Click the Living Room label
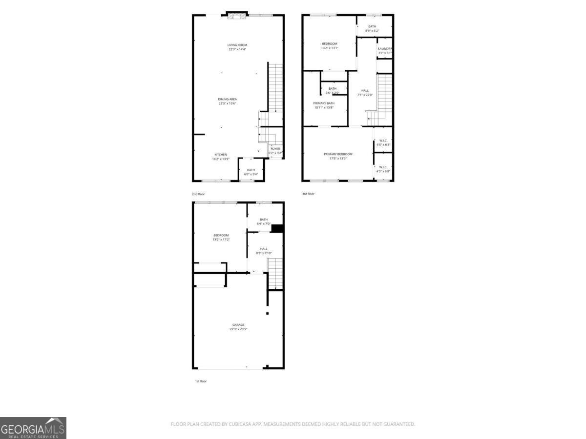coord(237,45)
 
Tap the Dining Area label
coord(228,99)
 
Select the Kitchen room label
coord(221,155)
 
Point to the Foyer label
coord(275,149)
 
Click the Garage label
coord(238,325)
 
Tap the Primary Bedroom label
coord(338,154)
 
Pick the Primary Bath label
coord(324,103)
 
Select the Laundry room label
coord(385,48)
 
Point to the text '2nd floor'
coord(198,194)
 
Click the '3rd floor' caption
coord(308,194)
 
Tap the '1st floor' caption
coord(201,381)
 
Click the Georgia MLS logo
coord(33,428)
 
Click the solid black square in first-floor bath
coord(277,228)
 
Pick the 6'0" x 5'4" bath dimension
coord(251,174)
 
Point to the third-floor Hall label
coord(365,90)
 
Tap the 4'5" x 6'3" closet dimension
coord(383,145)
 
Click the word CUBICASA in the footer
coord(239,424)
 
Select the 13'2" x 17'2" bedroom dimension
coord(221,239)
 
